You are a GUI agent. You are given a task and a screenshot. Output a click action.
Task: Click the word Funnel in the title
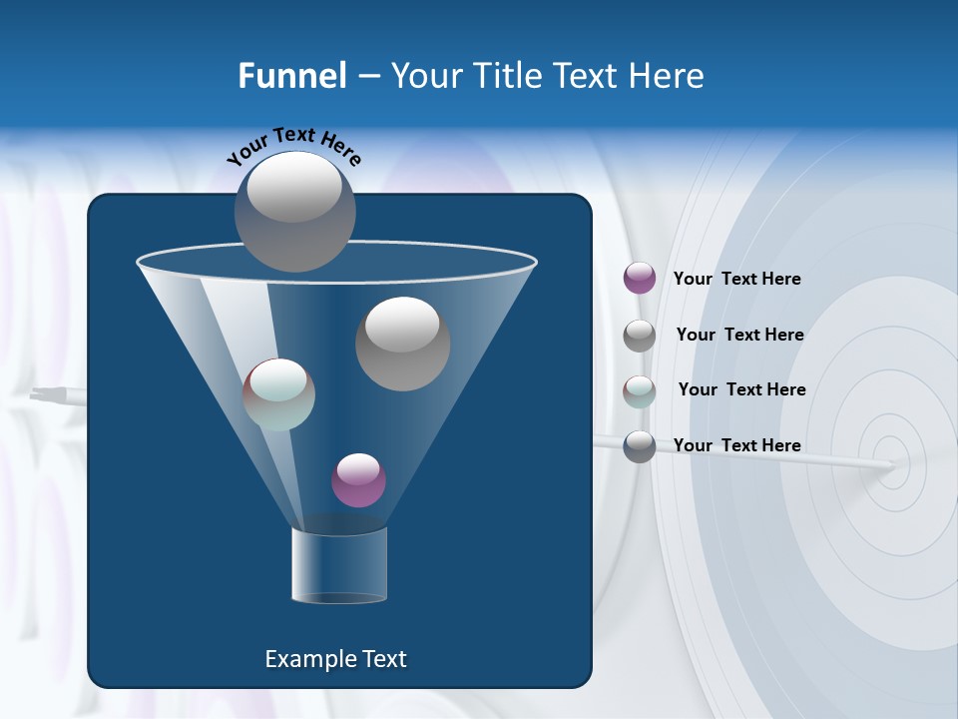(292, 76)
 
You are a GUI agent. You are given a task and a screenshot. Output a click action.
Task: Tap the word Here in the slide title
(667, 76)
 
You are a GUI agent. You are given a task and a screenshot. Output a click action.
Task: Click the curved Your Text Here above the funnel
(293, 147)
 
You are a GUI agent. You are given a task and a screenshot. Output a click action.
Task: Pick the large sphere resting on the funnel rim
(294, 211)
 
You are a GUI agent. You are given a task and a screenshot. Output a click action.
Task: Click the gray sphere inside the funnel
(402, 344)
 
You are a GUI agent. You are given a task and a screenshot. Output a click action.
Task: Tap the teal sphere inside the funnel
(278, 394)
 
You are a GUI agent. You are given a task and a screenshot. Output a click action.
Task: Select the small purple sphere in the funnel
(358, 480)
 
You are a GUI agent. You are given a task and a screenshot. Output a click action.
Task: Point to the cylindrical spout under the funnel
(338, 565)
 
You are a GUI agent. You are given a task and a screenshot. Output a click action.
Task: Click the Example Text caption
(335, 659)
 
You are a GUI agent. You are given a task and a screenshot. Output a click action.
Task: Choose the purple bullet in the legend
(640, 279)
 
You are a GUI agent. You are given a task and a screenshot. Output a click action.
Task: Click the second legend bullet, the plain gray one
(640, 336)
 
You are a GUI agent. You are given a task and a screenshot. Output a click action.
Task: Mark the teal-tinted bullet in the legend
(640, 390)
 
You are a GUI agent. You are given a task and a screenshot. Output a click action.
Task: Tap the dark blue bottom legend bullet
(640, 446)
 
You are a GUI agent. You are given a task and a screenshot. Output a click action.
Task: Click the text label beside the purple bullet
(736, 279)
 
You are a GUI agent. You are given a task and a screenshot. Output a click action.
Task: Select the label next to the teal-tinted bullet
(741, 389)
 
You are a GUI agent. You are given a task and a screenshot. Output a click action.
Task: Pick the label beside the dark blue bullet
(736, 445)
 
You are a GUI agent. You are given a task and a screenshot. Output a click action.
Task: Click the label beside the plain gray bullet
(739, 335)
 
